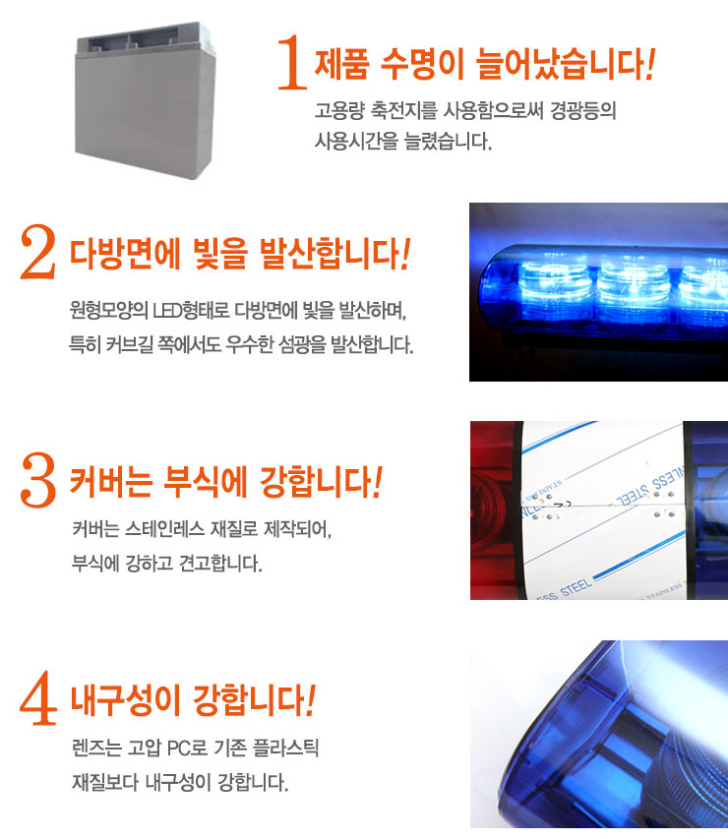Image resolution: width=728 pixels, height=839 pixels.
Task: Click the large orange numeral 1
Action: pyautogui.click(x=292, y=62)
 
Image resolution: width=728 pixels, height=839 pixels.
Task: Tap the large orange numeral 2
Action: pyautogui.click(x=38, y=252)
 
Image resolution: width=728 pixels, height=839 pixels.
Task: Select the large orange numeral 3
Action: pyautogui.click(x=38, y=480)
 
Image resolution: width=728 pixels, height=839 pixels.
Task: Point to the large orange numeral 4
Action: pyautogui.click(x=38, y=697)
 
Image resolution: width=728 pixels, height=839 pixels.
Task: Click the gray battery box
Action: pyautogui.click(x=144, y=100)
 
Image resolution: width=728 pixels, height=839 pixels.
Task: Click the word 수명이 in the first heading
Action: pyautogui.click(x=422, y=64)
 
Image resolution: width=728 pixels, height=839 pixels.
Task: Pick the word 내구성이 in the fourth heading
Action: pyautogui.click(x=125, y=700)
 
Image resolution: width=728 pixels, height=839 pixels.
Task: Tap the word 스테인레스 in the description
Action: pyautogui.click(x=165, y=529)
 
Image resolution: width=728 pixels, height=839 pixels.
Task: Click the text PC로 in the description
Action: pyautogui.click(x=187, y=748)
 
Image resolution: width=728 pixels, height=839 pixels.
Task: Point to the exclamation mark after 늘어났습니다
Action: pyautogui.click(x=650, y=64)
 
